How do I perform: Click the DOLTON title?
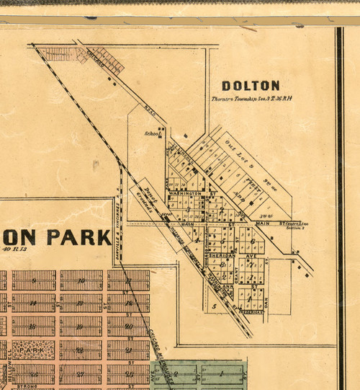click(x=251, y=85)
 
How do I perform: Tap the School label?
click(x=150, y=133)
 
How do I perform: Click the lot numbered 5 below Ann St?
click(x=215, y=307)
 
